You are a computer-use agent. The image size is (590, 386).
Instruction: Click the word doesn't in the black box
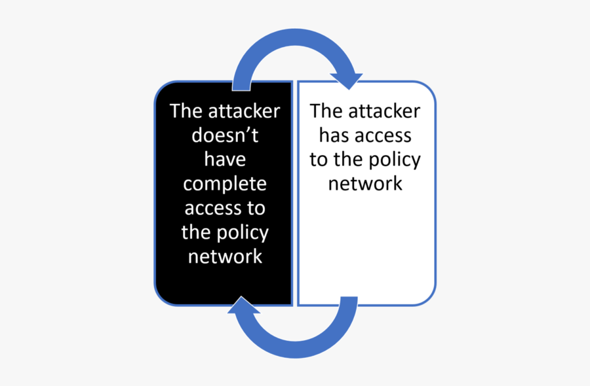(225, 135)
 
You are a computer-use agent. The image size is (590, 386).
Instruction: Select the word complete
(225, 184)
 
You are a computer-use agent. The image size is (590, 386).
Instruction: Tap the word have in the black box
(225, 159)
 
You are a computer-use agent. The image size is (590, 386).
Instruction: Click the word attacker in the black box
(245, 111)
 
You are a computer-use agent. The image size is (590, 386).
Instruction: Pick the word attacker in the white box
(384, 111)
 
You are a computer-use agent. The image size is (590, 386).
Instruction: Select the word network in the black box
(225, 257)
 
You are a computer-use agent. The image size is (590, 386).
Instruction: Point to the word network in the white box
(365, 184)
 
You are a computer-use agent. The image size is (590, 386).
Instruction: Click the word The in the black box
(187, 111)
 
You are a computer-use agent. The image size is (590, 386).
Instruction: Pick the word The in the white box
(327, 111)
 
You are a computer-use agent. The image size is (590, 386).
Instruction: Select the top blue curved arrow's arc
(294, 37)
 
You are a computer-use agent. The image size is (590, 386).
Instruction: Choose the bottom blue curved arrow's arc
(296, 349)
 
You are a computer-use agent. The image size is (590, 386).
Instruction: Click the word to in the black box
(256, 209)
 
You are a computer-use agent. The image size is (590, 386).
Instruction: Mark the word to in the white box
(319, 160)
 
